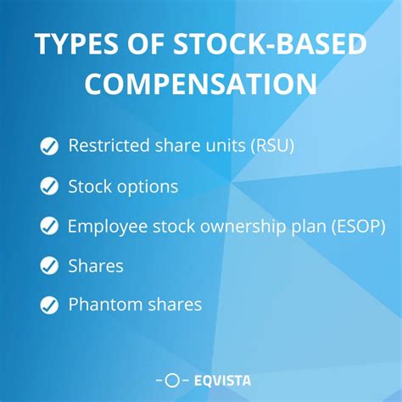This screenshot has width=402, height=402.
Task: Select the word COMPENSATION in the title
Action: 200,85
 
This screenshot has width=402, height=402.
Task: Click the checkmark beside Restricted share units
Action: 49,146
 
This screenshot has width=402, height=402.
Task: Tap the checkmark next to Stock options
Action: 49,186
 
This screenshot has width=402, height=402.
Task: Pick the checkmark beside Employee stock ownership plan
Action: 49,226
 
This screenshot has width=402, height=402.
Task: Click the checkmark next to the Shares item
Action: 49,265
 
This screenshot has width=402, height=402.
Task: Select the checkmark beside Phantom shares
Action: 49,304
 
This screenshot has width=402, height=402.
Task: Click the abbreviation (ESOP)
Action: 360,226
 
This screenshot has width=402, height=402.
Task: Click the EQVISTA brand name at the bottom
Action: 221,381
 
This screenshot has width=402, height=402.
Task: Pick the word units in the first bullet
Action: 221,146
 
